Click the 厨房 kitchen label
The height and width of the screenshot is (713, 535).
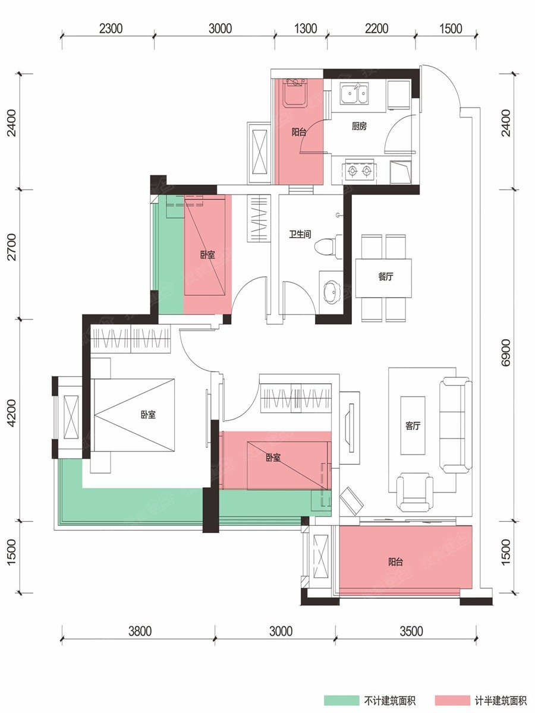(359, 126)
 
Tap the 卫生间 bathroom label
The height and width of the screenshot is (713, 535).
(300, 234)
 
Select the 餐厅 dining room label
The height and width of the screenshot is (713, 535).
(386, 277)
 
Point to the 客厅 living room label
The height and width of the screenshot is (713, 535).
(413, 425)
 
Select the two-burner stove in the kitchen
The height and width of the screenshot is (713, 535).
(359, 170)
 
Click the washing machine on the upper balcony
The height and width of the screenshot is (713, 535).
(294, 93)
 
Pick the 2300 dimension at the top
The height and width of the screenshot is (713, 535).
(111, 29)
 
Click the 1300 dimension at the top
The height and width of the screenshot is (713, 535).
(306, 29)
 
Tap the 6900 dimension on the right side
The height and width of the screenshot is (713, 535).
(506, 353)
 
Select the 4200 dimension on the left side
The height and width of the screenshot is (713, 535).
(12, 413)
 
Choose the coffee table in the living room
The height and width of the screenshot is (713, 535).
(413, 425)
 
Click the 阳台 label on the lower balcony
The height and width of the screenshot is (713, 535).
(395, 561)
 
